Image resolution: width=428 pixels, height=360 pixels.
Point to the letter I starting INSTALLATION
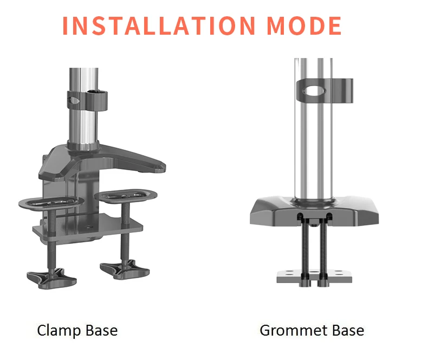click(67, 25)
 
